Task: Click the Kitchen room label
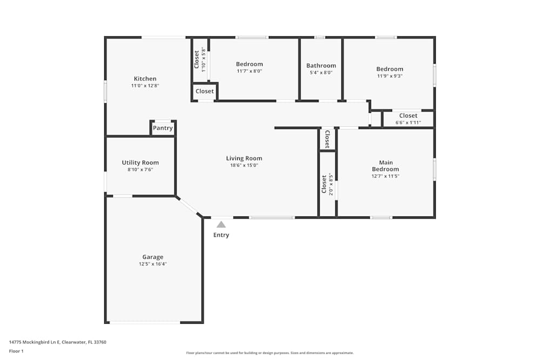(145, 79)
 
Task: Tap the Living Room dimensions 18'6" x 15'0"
(244, 166)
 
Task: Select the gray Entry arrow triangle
(221, 225)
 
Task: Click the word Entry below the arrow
(221, 235)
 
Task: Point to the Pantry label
(163, 128)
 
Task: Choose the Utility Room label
(140, 162)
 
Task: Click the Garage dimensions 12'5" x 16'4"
(153, 264)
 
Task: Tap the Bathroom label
(321, 66)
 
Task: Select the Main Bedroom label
(386, 166)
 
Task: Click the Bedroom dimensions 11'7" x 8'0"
(249, 71)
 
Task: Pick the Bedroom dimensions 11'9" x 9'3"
(390, 76)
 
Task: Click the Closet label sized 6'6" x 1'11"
(408, 116)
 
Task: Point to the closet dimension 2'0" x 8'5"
(331, 185)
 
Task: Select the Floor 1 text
(17, 351)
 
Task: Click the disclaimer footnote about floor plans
(270, 353)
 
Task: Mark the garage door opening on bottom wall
(145, 322)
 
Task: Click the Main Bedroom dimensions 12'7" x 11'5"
(386, 176)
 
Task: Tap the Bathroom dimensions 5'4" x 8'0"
(321, 73)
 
